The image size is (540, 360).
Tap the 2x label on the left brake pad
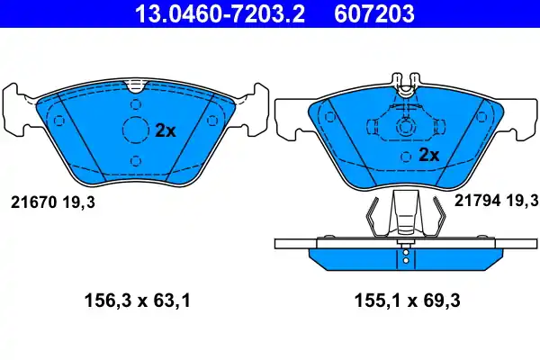click(x=165, y=130)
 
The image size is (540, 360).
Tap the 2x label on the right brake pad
click(x=428, y=155)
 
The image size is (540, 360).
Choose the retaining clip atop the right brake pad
click(x=405, y=84)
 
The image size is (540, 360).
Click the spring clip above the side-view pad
click(x=405, y=216)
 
